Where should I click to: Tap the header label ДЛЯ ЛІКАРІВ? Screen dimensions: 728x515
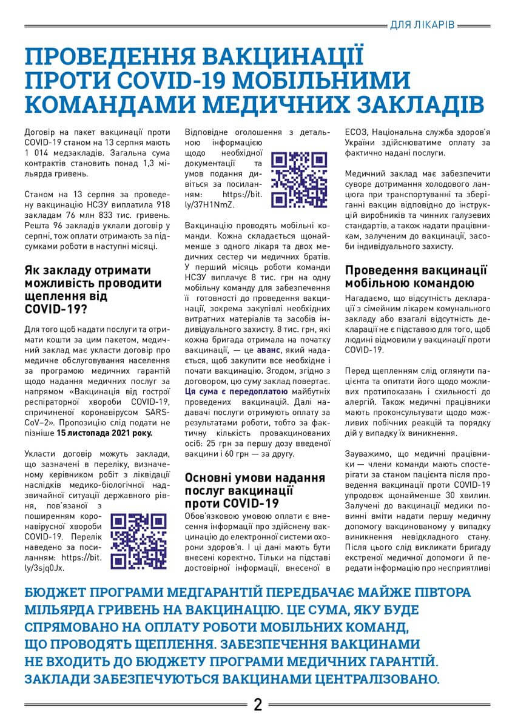pyautogui.click(x=421, y=25)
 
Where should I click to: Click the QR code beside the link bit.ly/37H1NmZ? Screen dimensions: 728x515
pyautogui.click(x=299, y=179)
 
